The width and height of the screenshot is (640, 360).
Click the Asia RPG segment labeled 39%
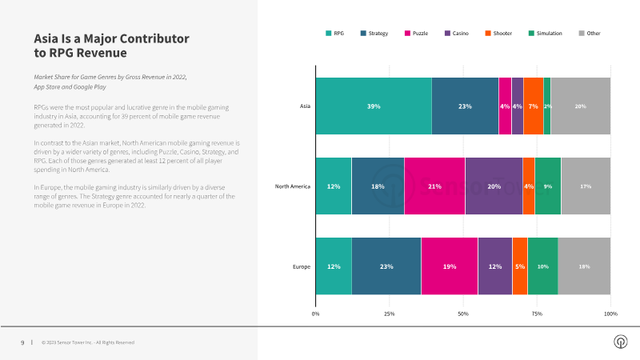pyautogui.click(x=374, y=106)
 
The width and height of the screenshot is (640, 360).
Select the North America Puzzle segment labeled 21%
pyautogui.click(x=434, y=186)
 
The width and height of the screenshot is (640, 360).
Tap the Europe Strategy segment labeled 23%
pyautogui.click(x=386, y=266)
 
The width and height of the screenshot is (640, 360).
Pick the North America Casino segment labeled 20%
pyautogui.click(x=494, y=186)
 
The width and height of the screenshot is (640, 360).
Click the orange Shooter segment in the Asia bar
pyautogui.click(x=534, y=106)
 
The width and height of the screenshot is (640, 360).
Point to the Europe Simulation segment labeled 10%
pyautogui.click(x=543, y=266)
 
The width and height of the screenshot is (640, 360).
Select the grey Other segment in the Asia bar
pyautogui.click(x=581, y=106)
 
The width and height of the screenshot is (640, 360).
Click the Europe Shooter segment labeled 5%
pyautogui.click(x=520, y=266)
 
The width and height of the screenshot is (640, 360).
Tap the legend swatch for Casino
pyautogui.click(x=447, y=33)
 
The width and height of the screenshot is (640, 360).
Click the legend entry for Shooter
pyautogui.click(x=498, y=33)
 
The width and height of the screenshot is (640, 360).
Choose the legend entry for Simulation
pyautogui.click(x=546, y=33)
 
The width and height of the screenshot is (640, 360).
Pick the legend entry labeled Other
pyautogui.click(x=590, y=33)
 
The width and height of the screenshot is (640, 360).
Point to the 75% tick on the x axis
pyautogui.click(x=537, y=314)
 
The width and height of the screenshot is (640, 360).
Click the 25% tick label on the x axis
pyautogui.click(x=390, y=314)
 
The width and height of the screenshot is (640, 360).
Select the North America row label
pyautogui.click(x=293, y=186)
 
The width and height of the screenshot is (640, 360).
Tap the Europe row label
pyautogui.click(x=302, y=266)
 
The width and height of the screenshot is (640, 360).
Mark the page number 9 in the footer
pyautogui.click(x=22, y=342)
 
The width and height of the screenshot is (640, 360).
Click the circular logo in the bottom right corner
pyautogui.click(x=621, y=342)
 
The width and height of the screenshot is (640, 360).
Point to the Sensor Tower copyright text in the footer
pyautogui.click(x=88, y=342)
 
